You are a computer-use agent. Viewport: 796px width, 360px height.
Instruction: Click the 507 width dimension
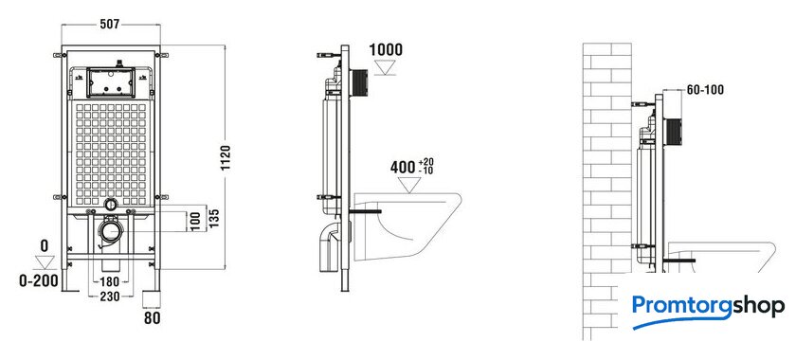click(x=110, y=24)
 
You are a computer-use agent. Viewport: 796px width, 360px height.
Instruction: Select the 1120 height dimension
click(x=226, y=157)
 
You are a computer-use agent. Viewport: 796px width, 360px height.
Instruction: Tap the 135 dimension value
click(x=215, y=218)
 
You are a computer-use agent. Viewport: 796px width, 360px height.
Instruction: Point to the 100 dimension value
click(x=196, y=222)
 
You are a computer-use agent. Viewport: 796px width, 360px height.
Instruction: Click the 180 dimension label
click(x=109, y=281)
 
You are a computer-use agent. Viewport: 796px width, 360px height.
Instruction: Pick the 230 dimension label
click(x=109, y=297)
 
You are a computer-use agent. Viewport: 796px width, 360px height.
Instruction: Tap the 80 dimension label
click(x=153, y=318)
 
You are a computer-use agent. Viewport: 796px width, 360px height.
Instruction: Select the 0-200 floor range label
click(x=39, y=280)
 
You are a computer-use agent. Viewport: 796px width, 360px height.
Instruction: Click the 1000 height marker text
click(x=386, y=50)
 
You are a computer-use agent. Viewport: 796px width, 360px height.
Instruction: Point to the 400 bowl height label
click(x=403, y=167)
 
